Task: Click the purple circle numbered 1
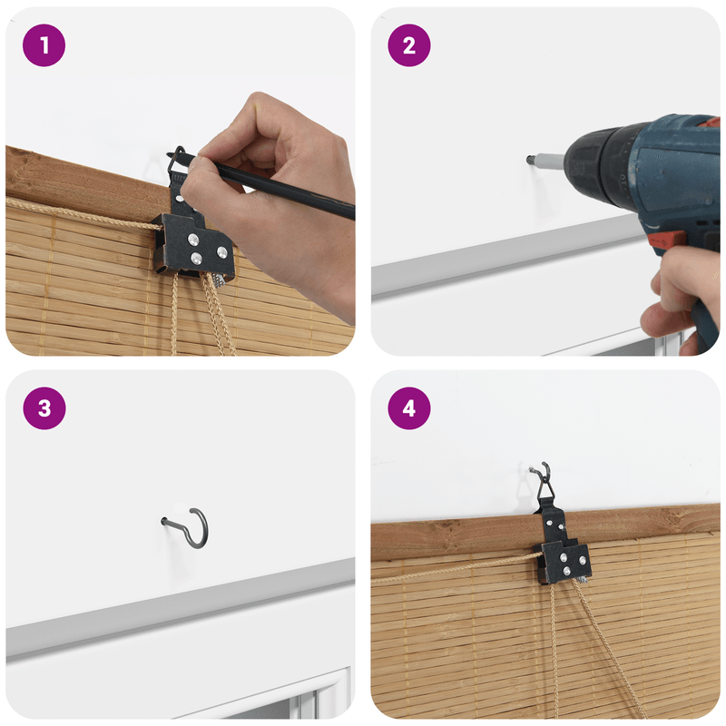[x=44, y=45]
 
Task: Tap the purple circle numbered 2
[x=409, y=45]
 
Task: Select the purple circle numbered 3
[x=44, y=408]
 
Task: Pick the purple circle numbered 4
[x=409, y=408]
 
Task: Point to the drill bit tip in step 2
[x=529, y=160]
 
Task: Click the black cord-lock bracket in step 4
[x=563, y=551]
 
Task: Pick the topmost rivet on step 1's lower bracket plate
[x=193, y=240]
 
